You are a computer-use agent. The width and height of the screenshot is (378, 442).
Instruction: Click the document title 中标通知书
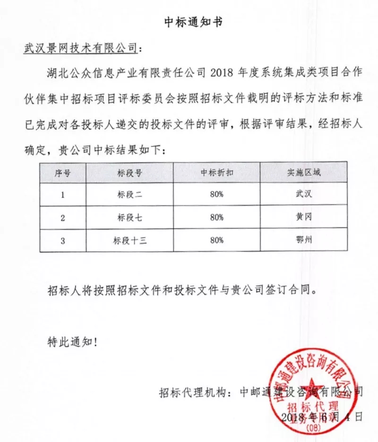pyautogui.click(x=189, y=22)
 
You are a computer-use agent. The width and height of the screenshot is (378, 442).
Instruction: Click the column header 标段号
pyautogui.click(x=129, y=172)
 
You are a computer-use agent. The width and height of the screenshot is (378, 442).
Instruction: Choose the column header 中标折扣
pyautogui.click(x=216, y=172)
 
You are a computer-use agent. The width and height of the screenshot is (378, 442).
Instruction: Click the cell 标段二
pyautogui.click(x=129, y=194)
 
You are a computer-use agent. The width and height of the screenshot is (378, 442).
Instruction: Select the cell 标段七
pyautogui.click(x=129, y=217)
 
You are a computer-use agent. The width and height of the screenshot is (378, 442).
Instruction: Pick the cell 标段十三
pyautogui.click(x=129, y=240)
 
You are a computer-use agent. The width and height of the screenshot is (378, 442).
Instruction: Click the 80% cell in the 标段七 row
pyautogui.click(x=216, y=217)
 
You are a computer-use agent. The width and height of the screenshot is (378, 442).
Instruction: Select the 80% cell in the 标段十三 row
pyautogui.click(x=216, y=240)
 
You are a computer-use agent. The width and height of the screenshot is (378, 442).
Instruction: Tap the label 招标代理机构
pyautogui.click(x=191, y=391)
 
